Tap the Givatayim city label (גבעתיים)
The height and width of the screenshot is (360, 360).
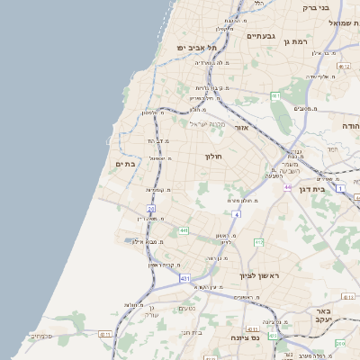(x=260, y=37)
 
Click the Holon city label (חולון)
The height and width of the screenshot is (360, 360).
(x=213, y=157)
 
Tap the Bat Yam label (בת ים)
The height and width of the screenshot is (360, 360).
(x=125, y=164)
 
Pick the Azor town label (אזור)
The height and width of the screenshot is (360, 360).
(x=241, y=128)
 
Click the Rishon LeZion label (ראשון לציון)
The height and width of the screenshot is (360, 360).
(x=260, y=274)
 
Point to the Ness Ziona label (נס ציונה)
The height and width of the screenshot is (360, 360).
(x=245, y=338)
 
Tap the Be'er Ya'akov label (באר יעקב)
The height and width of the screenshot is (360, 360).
(x=325, y=316)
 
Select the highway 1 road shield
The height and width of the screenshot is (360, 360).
(x=340, y=187)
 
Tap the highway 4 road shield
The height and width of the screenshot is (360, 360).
(x=237, y=215)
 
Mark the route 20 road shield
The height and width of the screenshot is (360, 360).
(x=151, y=208)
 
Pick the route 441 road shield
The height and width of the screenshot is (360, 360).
(x=184, y=231)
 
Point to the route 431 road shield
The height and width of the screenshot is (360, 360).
(x=184, y=279)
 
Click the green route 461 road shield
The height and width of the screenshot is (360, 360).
(x=275, y=95)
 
